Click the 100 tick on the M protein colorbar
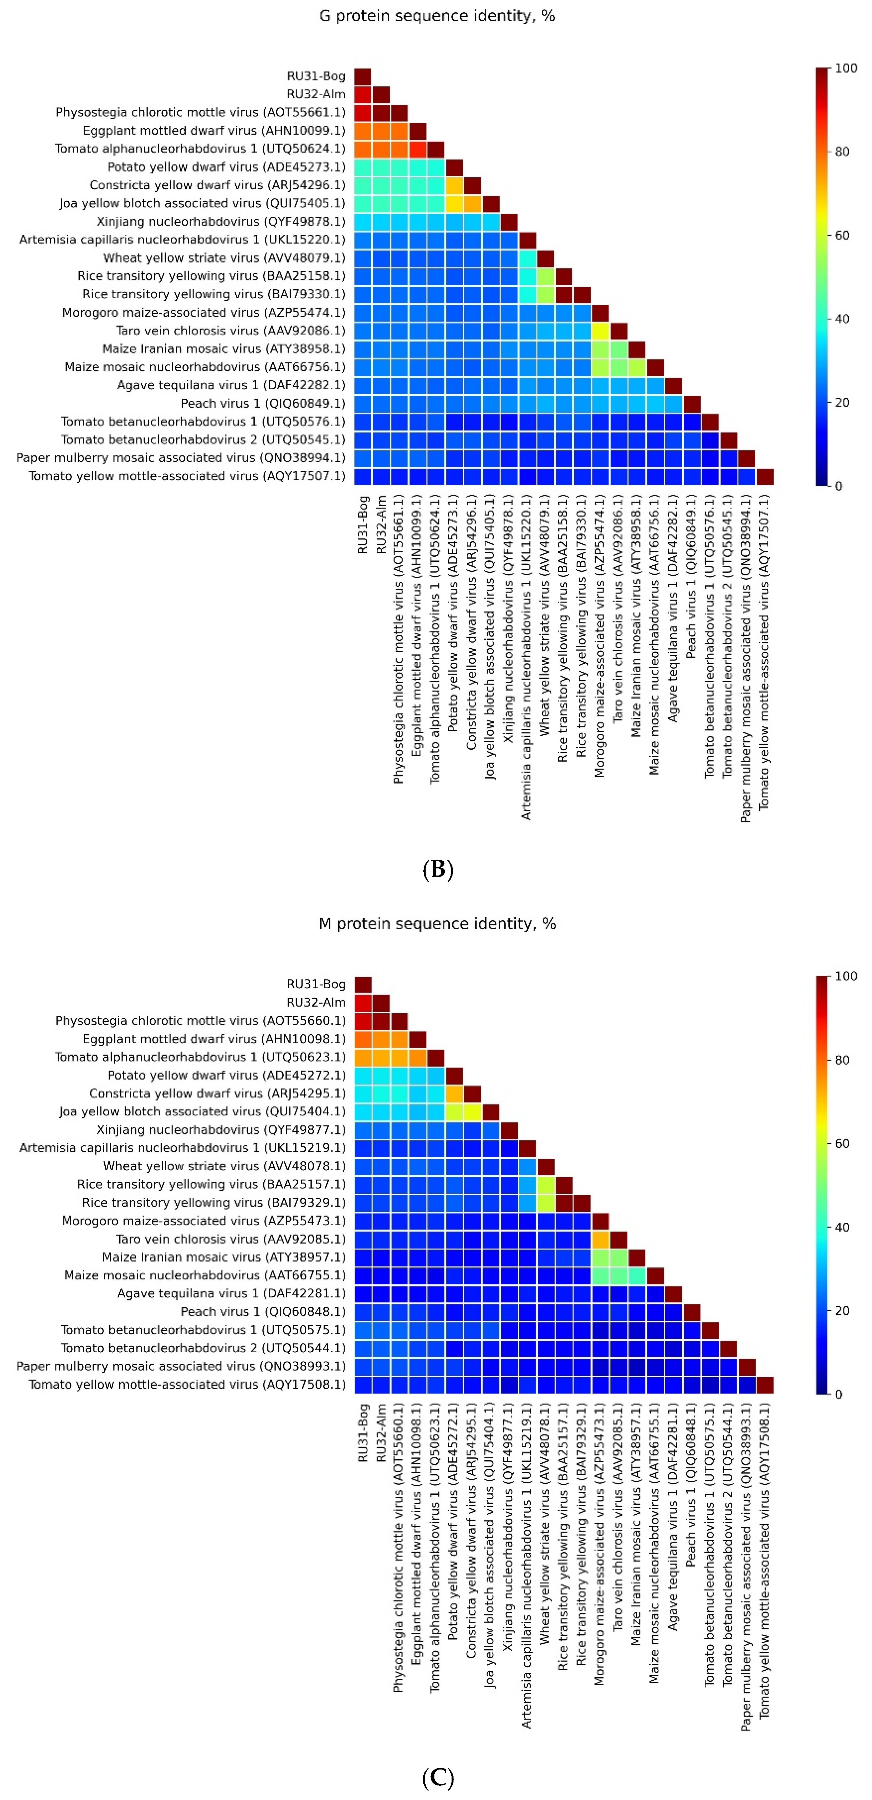(x=845, y=976)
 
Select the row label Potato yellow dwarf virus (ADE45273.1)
(x=226, y=167)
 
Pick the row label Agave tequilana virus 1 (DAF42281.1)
(x=231, y=1293)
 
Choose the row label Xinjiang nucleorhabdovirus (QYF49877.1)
(x=221, y=1130)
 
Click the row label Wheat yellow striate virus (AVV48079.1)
(x=224, y=258)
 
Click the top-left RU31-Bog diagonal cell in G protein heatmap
(x=363, y=76)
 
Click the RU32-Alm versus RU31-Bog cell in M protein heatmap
(x=363, y=1003)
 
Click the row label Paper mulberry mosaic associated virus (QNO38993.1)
(x=181, y=1366)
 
